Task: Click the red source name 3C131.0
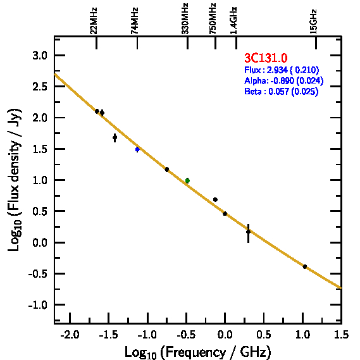point(266,58)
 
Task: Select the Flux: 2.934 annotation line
point(282,70)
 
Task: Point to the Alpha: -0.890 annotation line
point(284,80)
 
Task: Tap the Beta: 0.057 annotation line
point(282,91)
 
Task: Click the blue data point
point(137,149)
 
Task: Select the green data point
point(187,181)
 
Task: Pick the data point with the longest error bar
point(248,232)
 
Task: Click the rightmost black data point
point(305,266)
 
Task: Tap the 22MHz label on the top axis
point(94,21)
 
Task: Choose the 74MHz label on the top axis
point(135,21)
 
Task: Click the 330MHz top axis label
point(185,18)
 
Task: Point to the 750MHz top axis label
point(213,18)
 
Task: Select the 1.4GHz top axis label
point(233,20)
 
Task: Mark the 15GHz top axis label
point(313,22)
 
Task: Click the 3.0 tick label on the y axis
point(40,56)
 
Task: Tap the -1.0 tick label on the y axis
point(38,305)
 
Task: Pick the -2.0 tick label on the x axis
point(70,335)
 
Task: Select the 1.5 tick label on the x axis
point(341,335)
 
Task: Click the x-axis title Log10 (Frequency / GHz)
point(198,352)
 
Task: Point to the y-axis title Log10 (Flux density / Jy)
point(14,180)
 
